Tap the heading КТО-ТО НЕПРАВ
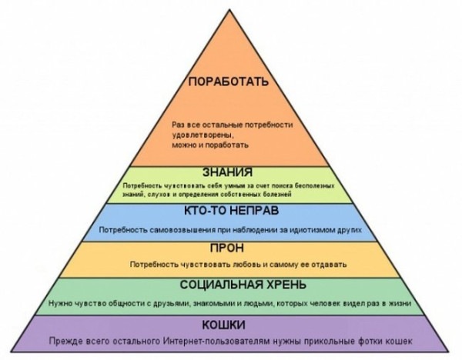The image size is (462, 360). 229,212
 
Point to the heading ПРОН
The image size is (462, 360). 229,248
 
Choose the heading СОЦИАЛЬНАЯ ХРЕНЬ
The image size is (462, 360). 229,285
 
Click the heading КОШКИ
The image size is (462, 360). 229,322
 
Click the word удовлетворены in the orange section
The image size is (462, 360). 196,134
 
